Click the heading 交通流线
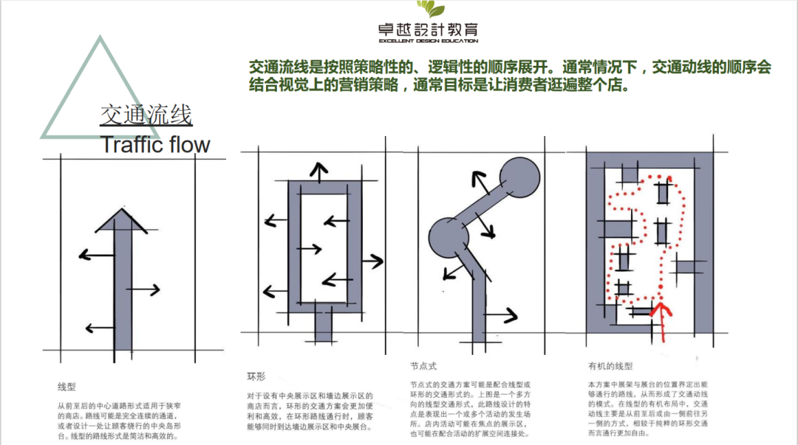click(x=146, y=115)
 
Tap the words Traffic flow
click(x=155, y=144)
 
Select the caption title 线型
click(x=66, y=386)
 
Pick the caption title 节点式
click(x=423, y=365)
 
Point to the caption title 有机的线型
click(x=610, y=365)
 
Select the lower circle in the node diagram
click(x=447, y=235)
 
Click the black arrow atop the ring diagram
click(x=319, y=171)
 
